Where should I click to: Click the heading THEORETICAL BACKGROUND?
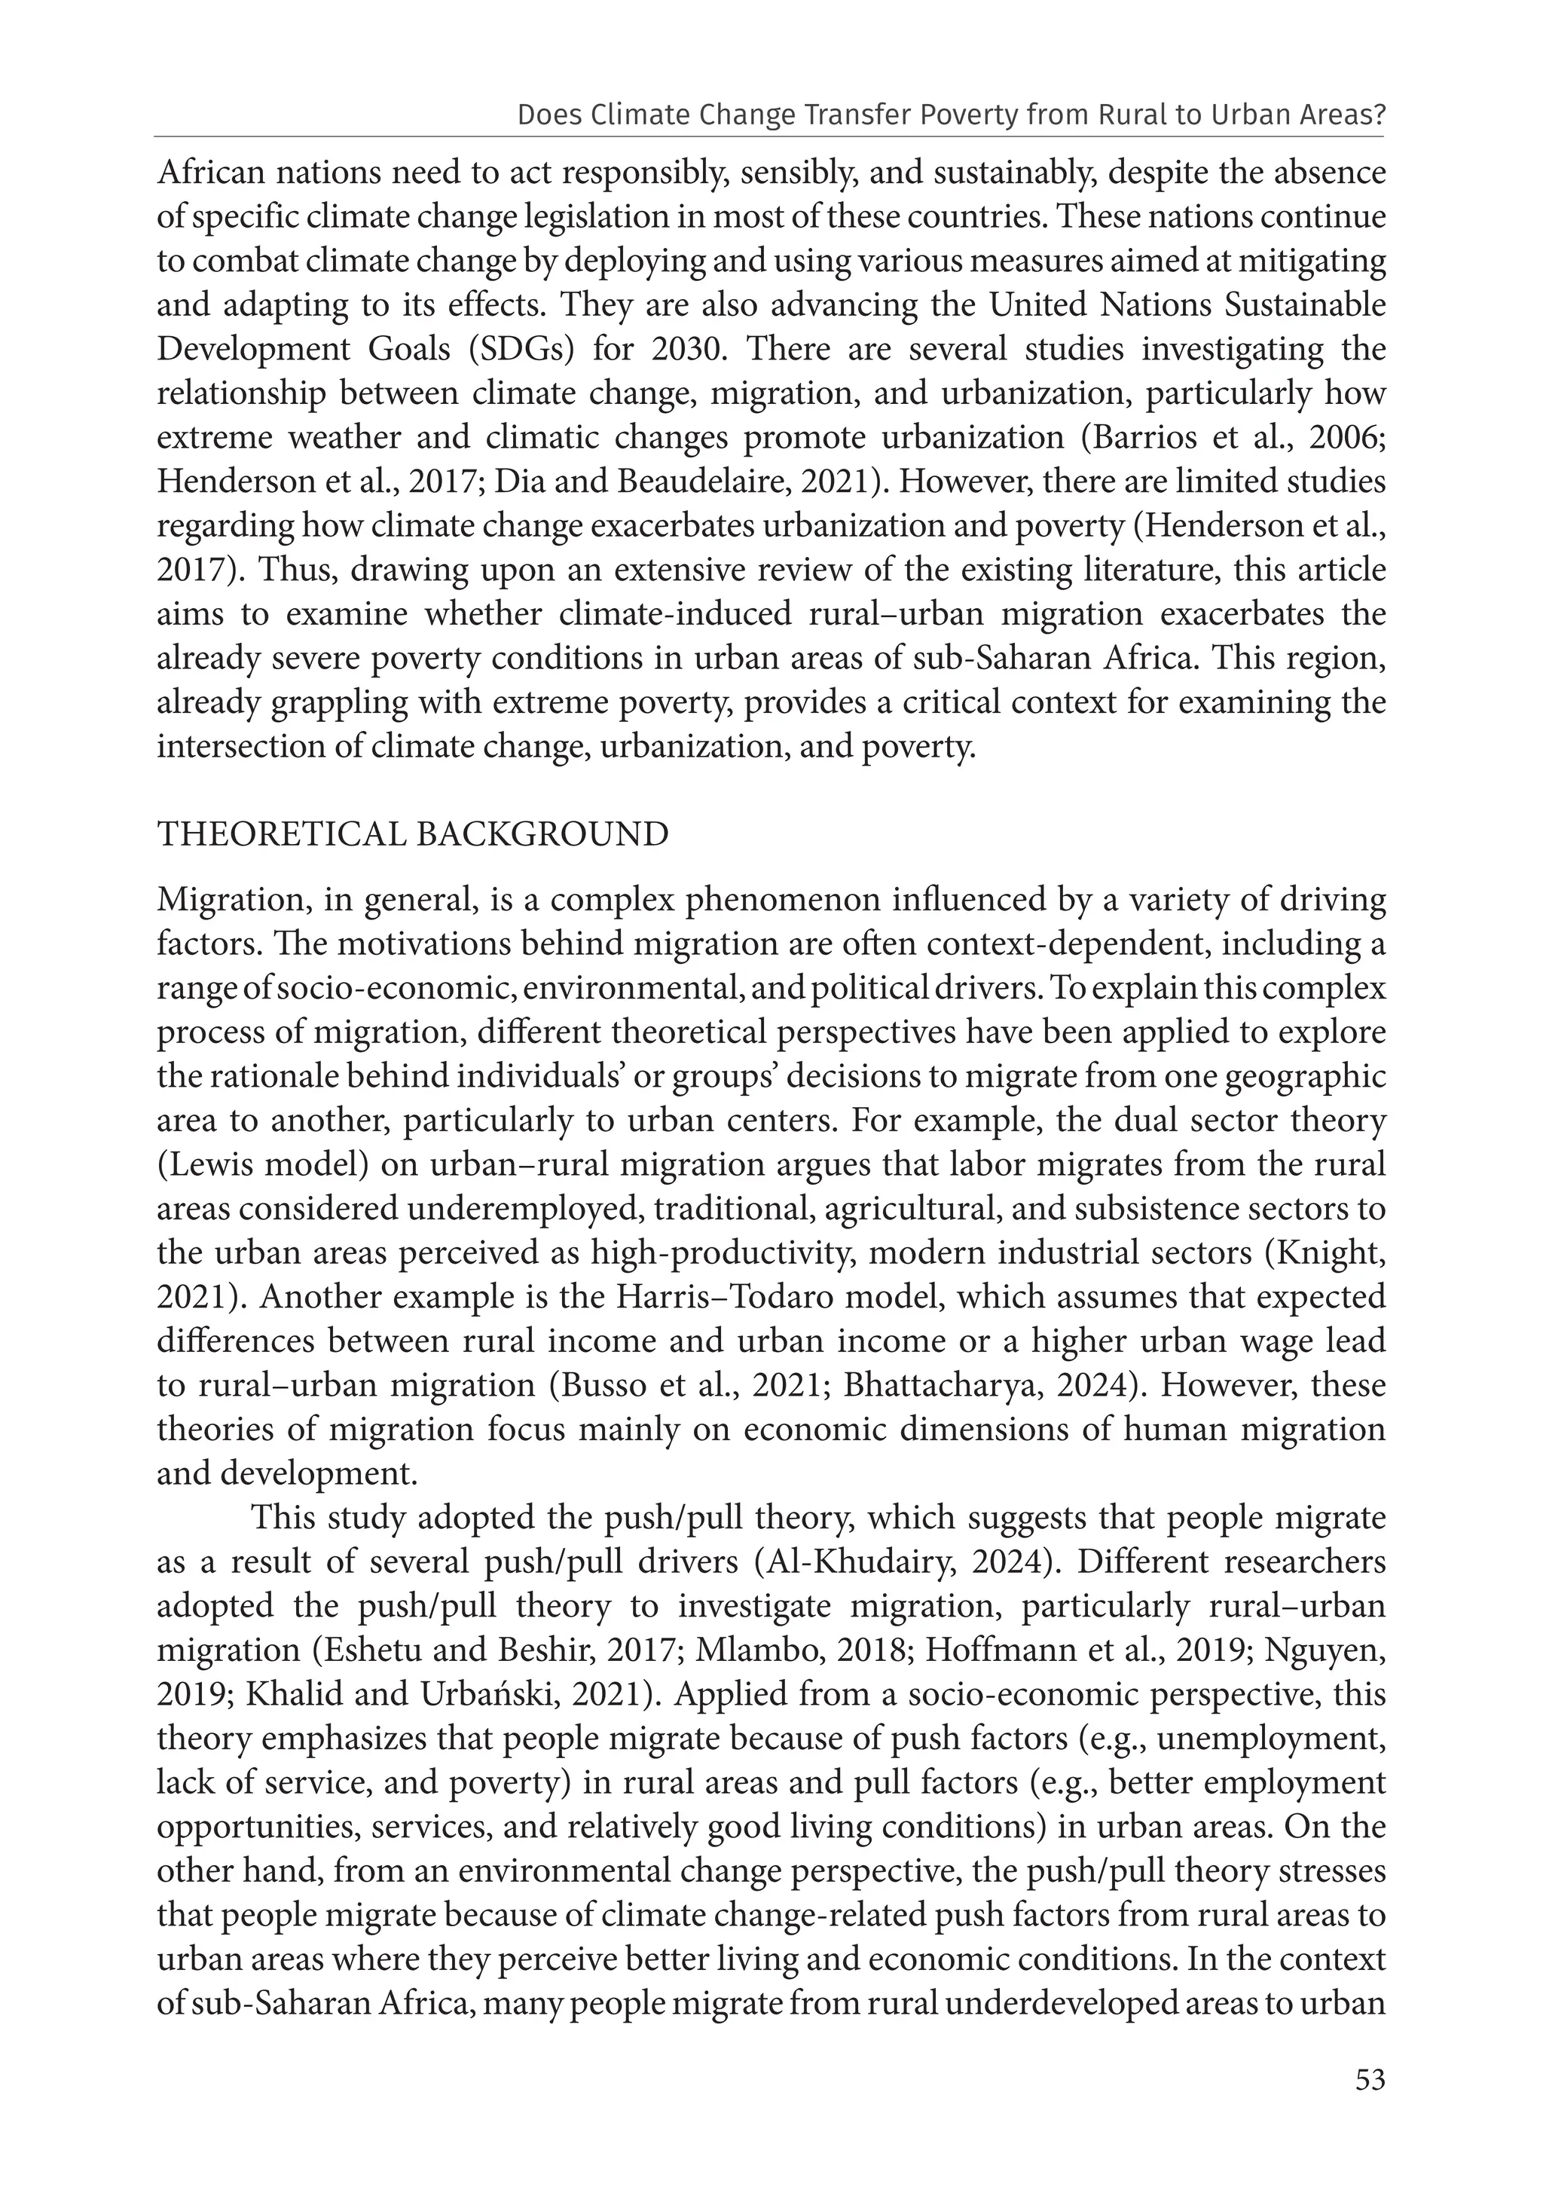(x=413, y=833)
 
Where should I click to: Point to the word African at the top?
(x=212, y=173)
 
